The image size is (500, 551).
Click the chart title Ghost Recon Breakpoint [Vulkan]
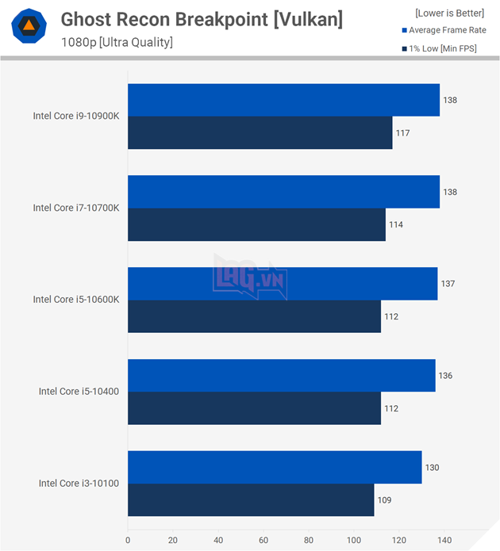click(x=202, y=20)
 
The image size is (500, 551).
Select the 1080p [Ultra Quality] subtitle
click(x=117, y=42)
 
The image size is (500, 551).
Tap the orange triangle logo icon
click(x=28, y=26)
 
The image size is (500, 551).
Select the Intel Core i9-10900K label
click(x=76, y=116)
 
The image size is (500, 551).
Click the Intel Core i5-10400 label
click(x=79, y=391)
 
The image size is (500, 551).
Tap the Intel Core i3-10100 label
click(x=79, y=483)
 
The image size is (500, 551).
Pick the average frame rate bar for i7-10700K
click(x=283, y=192)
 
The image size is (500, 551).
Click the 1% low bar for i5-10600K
click(x=254, y=316)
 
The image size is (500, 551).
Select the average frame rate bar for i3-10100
click(x=274, y=467)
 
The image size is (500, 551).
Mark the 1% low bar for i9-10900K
click(x=260, y=132)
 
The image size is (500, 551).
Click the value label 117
click(x=402, y=133)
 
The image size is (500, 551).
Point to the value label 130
click(x=431, y=468)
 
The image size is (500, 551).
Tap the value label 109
click(x=384, y=500)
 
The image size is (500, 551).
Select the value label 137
click(x=448, y=284)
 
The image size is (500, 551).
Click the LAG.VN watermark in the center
click(x=249, y=275)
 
